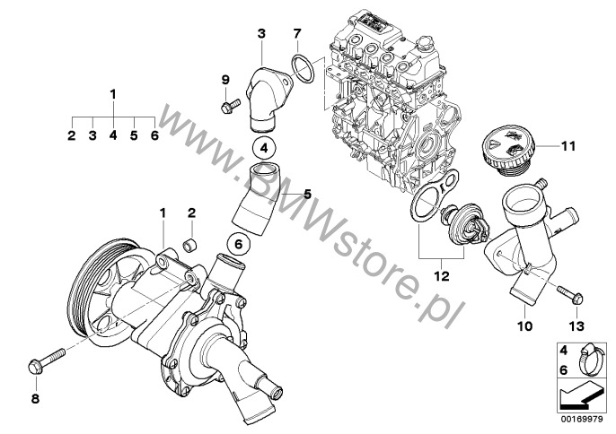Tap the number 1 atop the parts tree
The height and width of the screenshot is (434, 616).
[113, 93]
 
